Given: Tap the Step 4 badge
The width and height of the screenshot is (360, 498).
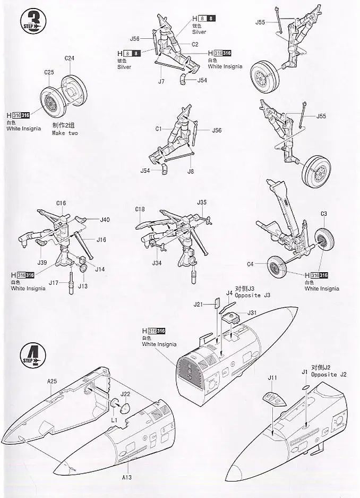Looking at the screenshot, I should pyautogui.click(x=32, y=354).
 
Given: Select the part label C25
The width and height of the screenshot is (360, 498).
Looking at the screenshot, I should pyautogui.click(x=49, y=72).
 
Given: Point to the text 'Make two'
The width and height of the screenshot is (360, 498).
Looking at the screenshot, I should pyautogui.click(x=65, y=133).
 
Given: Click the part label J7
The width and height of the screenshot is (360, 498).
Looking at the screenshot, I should pyautogui.click(x=161, y=81).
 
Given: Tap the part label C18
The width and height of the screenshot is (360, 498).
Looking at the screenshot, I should pyautogui.click(x=140, y=209).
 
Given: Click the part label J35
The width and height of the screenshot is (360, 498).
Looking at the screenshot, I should pyautogui.click(x=202, y=202).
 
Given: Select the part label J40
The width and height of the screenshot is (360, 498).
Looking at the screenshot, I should pyautogui.click(x=105, y=220).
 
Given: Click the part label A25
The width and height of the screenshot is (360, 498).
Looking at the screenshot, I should pyautogui.click(x=52, y=381).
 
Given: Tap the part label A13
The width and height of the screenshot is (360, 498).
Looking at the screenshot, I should pyautogui.click(x=126, y=477).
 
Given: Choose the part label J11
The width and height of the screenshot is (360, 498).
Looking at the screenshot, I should pyautogui.click(x=272, y=378).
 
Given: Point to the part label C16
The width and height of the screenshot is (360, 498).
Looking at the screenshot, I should pyautogui.click(x=61, y=203).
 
